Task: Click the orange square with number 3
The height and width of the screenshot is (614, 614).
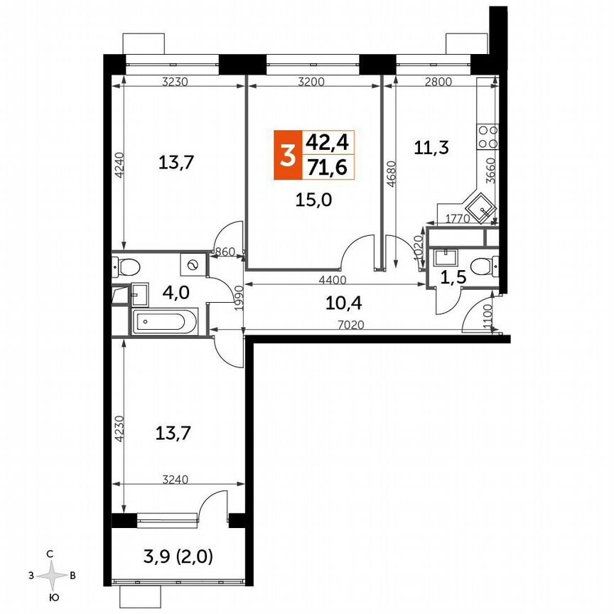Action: [x=287, y=155]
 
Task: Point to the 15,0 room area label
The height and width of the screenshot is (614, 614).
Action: [x=314, y=200]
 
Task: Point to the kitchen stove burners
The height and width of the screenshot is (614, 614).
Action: [x=488, y=137]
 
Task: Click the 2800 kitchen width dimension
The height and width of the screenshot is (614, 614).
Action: [x=437, y=82]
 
